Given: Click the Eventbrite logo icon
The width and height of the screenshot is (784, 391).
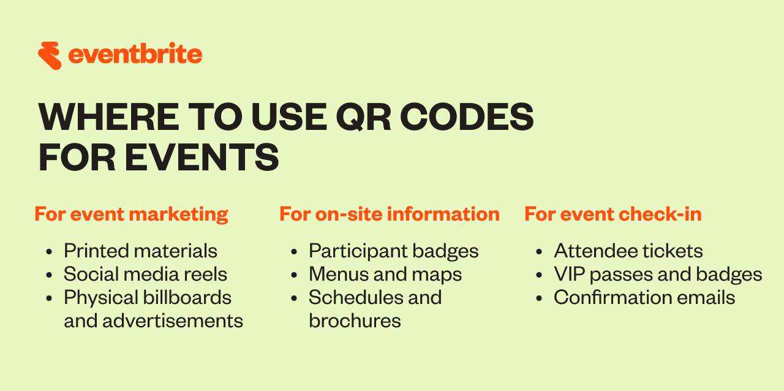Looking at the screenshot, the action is point(50,56).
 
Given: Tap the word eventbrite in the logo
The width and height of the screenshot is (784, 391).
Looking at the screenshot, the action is point(135,55).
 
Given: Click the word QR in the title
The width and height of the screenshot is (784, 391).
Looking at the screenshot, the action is point(363,118).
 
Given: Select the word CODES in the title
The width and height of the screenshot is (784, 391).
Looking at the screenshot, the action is point(467,116).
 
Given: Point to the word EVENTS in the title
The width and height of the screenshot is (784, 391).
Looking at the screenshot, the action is point(202,158).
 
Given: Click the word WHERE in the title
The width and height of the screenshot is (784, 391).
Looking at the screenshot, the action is point(109,116).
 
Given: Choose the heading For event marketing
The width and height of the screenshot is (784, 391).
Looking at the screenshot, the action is point(131,214).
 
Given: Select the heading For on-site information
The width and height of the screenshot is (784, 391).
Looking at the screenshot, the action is point(390,214).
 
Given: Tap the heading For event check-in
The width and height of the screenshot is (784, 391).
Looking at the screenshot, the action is point(613,214).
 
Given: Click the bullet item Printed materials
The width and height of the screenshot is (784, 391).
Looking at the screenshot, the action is point(140,251).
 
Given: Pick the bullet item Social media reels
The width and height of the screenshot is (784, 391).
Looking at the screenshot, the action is point(145,274).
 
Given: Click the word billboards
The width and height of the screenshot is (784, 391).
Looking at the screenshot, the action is point(187,297).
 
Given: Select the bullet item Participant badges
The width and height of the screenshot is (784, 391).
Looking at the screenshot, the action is point(393,251).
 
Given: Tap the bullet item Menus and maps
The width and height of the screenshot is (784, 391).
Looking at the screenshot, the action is point(385,275).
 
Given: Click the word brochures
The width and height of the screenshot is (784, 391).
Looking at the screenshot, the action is point(355,321).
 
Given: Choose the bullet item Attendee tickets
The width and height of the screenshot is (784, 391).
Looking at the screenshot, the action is point(628,251).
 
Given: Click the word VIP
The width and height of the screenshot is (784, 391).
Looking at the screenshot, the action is point(569,274).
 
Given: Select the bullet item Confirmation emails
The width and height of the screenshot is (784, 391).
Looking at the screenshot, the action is point(644,297).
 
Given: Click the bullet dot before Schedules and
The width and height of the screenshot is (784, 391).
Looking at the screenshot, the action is point(294,298).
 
